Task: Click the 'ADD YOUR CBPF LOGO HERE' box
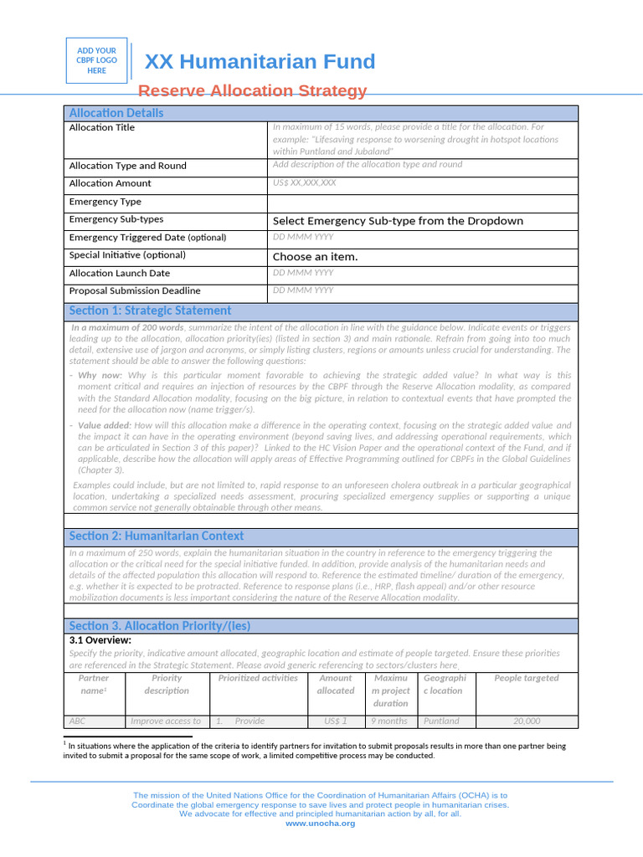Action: (97, 61)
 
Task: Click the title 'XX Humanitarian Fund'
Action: (260, 62)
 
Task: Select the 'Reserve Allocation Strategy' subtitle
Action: (252, 90)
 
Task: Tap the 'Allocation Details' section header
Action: (116, 113)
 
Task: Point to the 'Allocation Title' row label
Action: (101, 128)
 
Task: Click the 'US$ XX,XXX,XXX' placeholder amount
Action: (305, 182)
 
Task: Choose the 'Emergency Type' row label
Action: (105, 202)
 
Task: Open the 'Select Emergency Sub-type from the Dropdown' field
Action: (398, 221)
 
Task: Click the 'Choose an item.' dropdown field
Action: (315, 257)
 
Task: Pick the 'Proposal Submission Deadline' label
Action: (135, 291)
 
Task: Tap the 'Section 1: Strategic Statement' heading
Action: (150, 310)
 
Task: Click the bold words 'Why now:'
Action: (100, 376)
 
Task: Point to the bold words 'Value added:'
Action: (105, 426)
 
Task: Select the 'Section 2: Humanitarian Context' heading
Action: (157, 536)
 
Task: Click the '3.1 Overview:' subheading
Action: (100, 640)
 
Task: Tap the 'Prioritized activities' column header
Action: (258, 678)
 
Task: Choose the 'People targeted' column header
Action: (526, 678)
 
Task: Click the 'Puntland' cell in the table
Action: (441, 721)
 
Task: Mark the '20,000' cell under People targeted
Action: (527, 721)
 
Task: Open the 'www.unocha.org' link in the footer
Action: (321, 824)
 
